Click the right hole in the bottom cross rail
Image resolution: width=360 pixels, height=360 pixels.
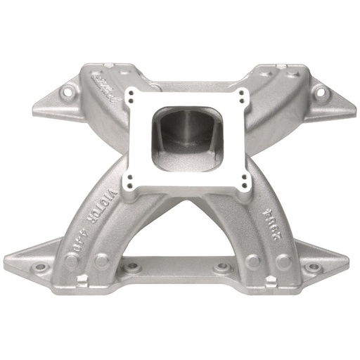point(222,266)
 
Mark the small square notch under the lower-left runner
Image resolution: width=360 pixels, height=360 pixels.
point(82,281)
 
